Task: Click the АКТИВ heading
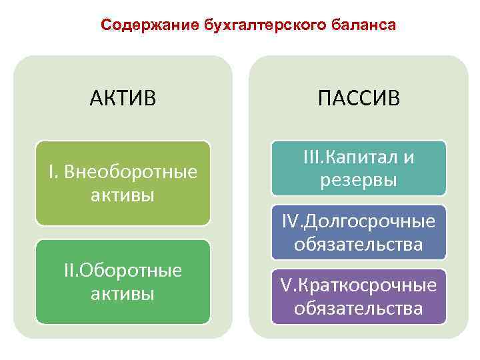123,99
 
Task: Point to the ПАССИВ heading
359,99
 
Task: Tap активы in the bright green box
123,293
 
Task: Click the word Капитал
360,157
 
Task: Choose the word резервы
359,180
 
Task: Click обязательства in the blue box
359,244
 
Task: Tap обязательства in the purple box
359,309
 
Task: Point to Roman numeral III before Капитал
311,157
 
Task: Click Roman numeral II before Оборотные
69,270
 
